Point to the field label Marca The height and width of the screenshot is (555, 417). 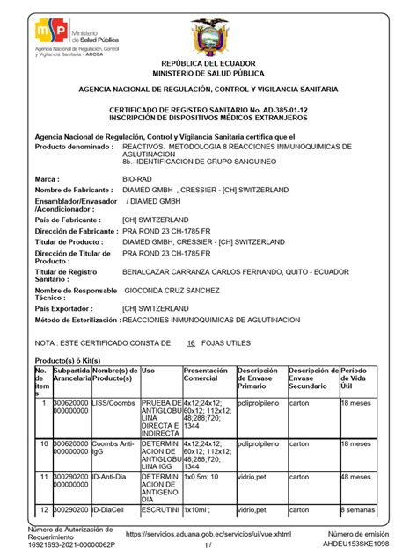[x=46, y=178]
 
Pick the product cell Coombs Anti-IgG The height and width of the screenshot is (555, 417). [x=113, y=449]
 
